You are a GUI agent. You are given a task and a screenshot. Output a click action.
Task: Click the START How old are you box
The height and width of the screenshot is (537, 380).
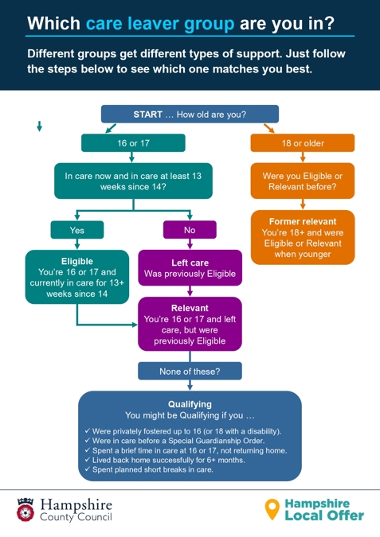(190, 115)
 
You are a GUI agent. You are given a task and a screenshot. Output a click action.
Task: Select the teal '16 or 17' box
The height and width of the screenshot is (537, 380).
(133, 143)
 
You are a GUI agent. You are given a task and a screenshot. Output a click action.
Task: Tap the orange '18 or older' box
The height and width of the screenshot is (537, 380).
(302, 143)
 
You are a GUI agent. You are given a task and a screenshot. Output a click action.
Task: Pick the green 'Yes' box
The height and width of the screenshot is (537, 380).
(76, 230)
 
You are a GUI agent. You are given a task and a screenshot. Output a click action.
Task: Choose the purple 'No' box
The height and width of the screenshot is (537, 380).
(189, 230)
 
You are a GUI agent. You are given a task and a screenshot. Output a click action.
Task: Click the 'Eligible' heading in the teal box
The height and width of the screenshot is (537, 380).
(76, 261)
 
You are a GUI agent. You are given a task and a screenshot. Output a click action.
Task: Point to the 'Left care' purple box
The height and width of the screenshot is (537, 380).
(190, 268)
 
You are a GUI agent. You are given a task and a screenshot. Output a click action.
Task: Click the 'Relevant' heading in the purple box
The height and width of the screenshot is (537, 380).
(190, 307)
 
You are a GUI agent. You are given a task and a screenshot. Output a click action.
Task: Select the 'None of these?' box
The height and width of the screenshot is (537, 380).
(190, 371)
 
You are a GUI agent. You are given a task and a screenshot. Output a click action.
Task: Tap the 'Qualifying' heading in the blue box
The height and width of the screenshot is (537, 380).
(190, 404)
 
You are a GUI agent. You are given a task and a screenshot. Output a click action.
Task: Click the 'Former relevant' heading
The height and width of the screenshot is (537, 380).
(303, 221)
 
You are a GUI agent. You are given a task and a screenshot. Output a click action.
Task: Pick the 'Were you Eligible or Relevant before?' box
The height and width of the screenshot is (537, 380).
(303, 181)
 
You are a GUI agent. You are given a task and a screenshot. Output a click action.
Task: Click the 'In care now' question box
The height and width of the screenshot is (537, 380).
(133, 181)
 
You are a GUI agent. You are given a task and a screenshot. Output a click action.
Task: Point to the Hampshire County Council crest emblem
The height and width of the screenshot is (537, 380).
(24, 509)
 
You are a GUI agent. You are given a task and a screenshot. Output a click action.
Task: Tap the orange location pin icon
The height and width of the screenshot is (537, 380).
(272, 509)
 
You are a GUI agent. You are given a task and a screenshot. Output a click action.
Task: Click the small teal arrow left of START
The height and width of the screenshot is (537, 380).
(39, 126)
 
